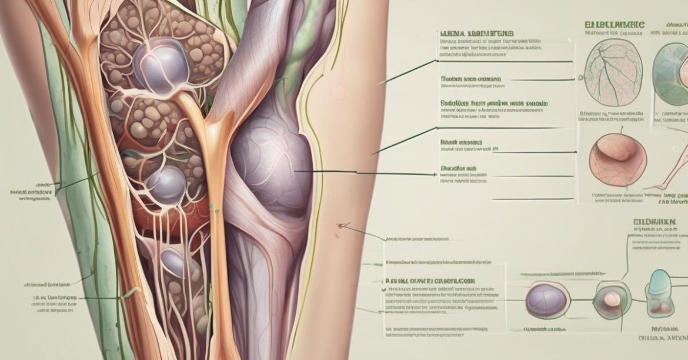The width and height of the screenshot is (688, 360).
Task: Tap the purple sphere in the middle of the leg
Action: [x=166, y=184]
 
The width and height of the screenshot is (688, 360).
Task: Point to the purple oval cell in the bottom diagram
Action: [x=546, y=298]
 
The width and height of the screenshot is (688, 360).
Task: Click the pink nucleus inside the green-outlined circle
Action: [x=612, y=299]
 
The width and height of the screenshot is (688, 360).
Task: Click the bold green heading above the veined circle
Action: [x=614, y=25]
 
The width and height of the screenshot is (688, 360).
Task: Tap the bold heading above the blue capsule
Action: [x=652, y=222]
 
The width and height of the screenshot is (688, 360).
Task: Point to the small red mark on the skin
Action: [x=341, y=225]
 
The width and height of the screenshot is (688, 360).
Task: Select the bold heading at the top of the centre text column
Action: [x=475, y=34]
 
